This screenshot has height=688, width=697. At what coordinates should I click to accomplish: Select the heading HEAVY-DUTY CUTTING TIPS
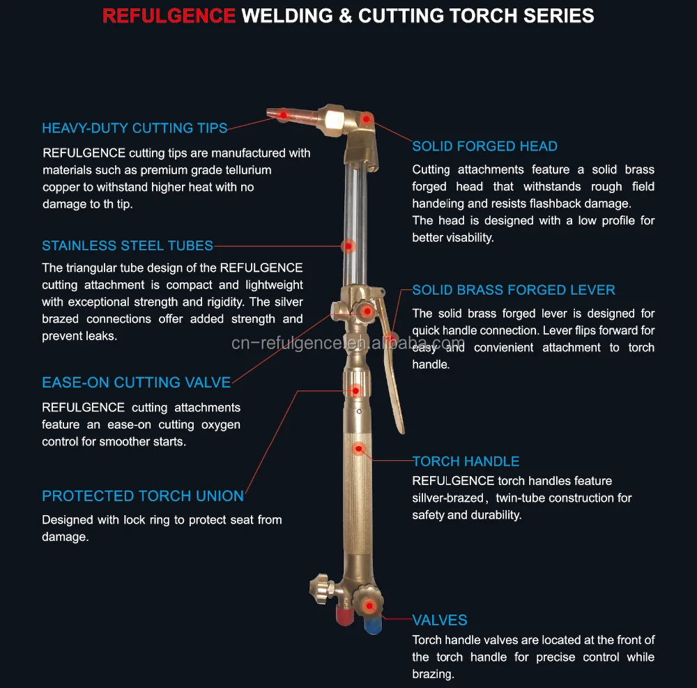(135, 128)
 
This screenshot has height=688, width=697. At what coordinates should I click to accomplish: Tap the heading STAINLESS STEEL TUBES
(128, 245)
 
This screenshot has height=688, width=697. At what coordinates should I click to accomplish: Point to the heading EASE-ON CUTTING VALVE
(136, 382)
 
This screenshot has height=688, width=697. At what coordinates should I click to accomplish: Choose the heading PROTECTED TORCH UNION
(143, 496)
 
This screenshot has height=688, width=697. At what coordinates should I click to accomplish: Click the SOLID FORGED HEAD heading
(484, 146)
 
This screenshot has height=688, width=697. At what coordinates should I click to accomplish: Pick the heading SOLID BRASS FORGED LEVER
(514, 289)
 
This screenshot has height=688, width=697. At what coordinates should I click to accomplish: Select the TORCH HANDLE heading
(466, 461)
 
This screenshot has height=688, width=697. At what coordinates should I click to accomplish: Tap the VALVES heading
(439, 620)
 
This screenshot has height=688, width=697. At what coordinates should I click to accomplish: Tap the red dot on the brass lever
(391, 339)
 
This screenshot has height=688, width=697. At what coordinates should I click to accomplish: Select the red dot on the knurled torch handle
(359, 449)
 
